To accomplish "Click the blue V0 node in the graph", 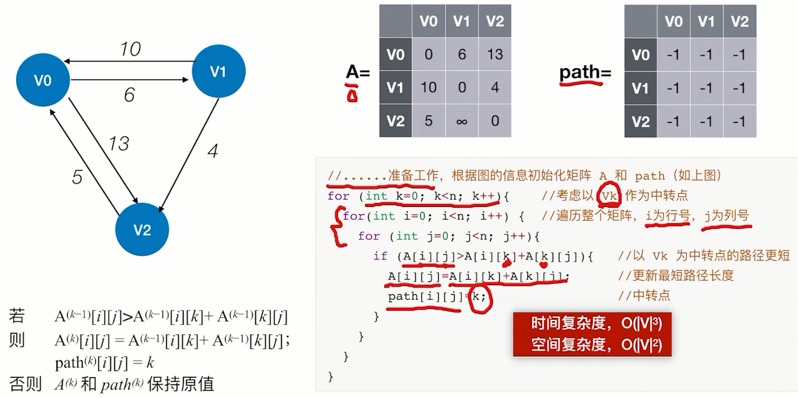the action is (43, 81).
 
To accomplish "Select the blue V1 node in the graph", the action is (218, 72).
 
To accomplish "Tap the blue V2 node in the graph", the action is (142, 229).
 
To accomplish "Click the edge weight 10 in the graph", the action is (130, 50).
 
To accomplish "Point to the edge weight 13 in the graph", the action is (119, 144).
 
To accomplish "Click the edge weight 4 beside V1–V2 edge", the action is (212, 151).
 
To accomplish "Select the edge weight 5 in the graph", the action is (77, 177).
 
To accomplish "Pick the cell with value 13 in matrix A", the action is (495, 54).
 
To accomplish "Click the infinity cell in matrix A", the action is (461, 121).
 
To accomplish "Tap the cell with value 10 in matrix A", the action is (429, 87).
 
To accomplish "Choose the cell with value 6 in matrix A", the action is (461, 54).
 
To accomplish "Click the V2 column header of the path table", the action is (739, 21).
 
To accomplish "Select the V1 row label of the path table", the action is (641, 88).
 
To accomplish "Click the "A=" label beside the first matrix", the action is (358, 73).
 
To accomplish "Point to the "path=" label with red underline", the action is (585, 73).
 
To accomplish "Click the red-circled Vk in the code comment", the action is (610, 196).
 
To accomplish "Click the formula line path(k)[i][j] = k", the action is (105, 362).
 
